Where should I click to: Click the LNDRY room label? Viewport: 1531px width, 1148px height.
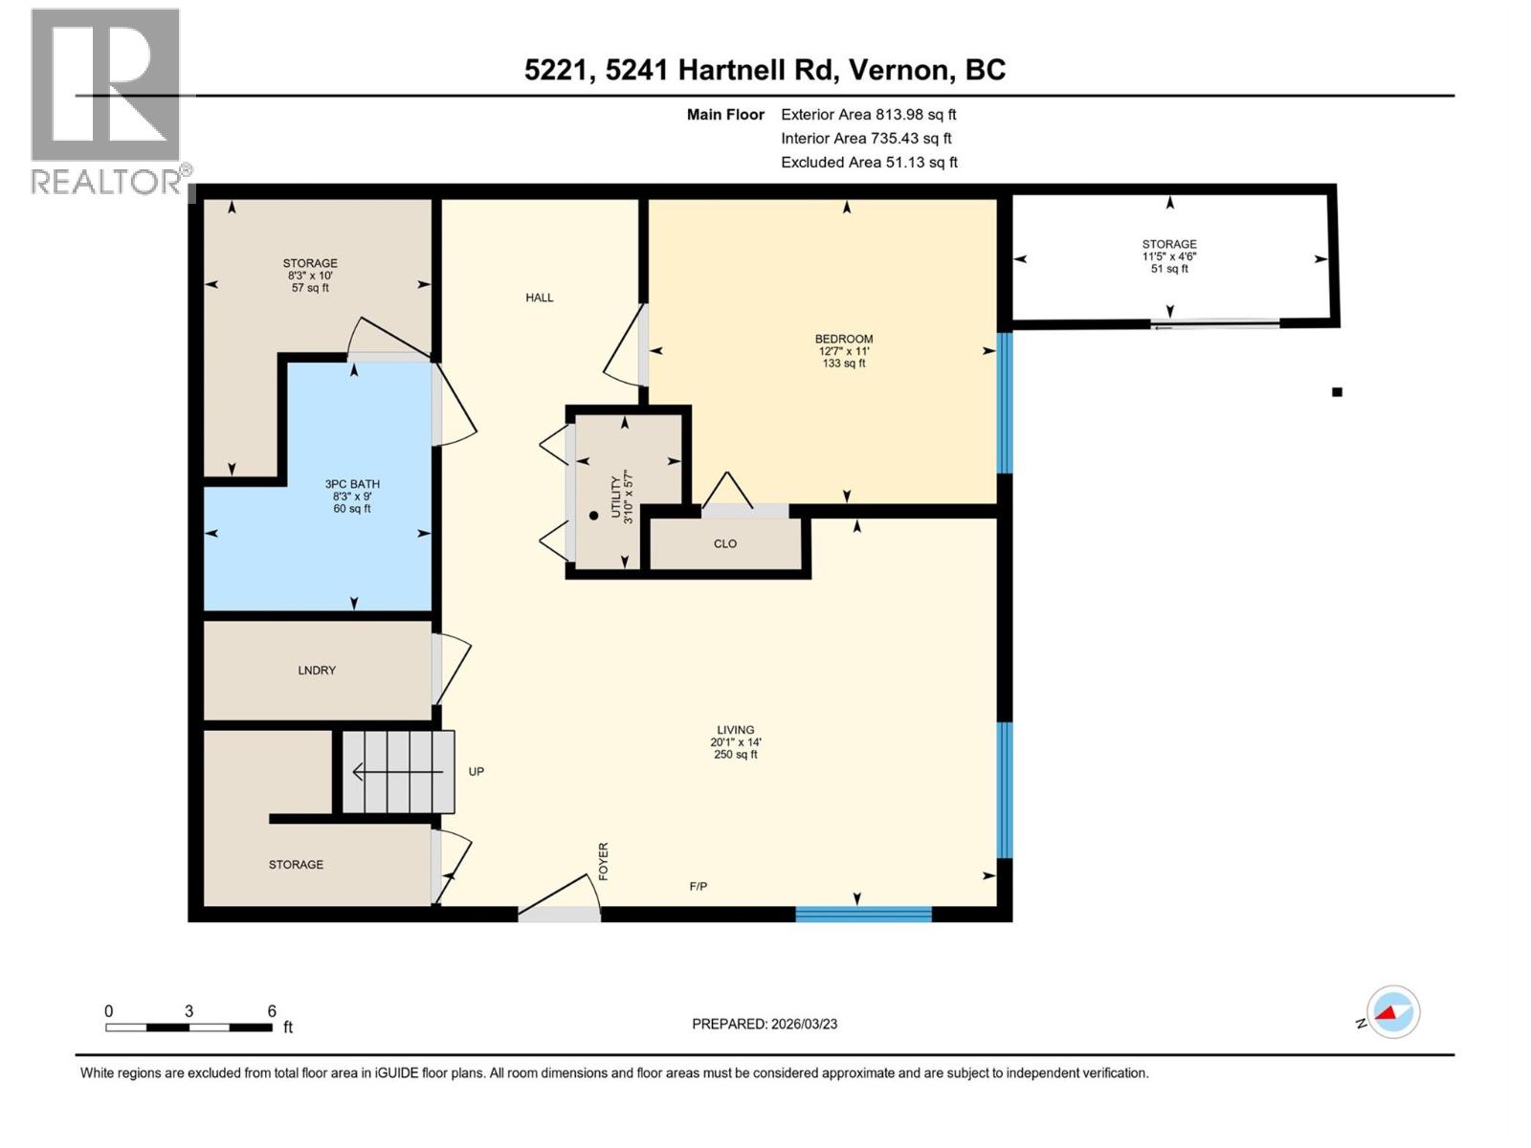317,671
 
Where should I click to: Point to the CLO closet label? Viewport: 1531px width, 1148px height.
725,543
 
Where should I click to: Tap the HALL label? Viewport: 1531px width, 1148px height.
540,298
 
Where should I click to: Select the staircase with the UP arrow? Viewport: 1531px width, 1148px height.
398,771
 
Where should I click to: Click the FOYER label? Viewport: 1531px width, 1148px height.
604,861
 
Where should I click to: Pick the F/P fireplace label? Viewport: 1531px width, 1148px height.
699,887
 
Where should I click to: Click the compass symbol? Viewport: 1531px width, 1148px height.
1392,1012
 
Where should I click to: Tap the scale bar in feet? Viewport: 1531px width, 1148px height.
189,1027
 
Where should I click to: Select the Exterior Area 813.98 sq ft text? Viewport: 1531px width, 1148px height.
868,114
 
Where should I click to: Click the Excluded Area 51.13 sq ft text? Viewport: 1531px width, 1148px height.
869,163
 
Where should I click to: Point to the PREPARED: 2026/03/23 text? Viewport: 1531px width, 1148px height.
765,1024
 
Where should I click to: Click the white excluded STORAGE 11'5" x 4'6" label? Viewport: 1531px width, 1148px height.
1169,256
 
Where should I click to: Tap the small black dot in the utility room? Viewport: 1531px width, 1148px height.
593,516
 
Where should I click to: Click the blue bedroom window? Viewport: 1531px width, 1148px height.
1005,403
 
